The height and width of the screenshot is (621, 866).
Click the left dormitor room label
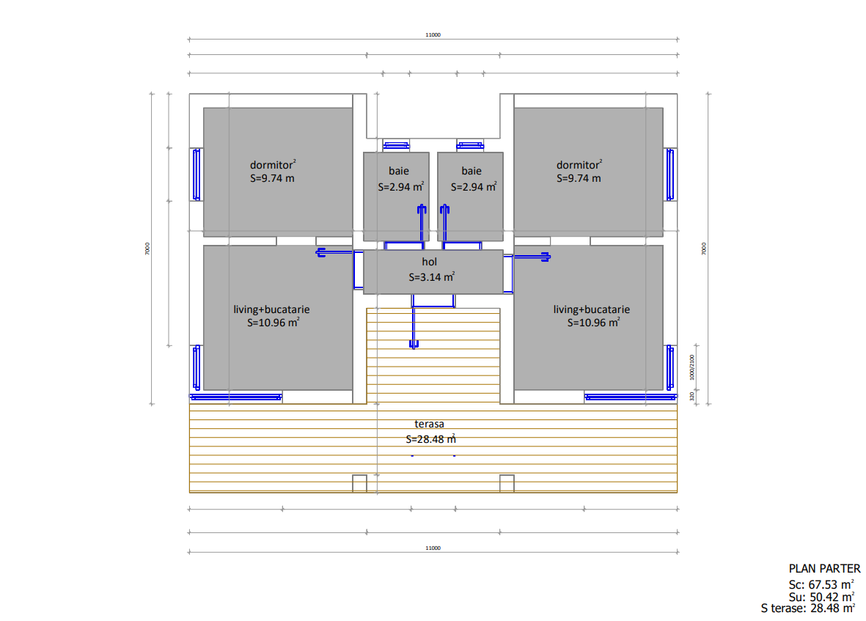[273, 165]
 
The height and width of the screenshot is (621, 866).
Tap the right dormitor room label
[579, 165]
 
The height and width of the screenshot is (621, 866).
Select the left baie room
[396, 196]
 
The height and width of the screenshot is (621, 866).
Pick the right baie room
[471, 196]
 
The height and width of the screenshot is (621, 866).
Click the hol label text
[429, 262]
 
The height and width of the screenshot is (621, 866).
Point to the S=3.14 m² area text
[432, 276]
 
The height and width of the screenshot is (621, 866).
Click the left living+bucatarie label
[271, 309]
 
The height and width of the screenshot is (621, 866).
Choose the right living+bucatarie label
[592, 309]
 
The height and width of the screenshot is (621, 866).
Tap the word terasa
[429, 424]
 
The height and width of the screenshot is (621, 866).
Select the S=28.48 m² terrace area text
[430, 439]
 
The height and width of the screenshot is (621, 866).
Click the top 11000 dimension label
[433, 34]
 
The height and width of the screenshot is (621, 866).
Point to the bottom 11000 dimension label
[433, 548]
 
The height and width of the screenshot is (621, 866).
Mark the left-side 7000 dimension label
[147, 249]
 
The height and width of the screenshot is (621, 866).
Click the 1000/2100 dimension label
[692, 367]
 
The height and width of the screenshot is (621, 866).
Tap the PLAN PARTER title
[825, 568]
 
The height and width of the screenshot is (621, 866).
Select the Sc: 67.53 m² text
[821, 584]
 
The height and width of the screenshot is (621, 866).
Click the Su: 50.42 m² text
[821, 597]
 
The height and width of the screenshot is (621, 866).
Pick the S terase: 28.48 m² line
[808, 609]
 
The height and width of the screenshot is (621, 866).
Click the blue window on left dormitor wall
[196, 174]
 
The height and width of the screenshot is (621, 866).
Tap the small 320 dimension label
[692, 397]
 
